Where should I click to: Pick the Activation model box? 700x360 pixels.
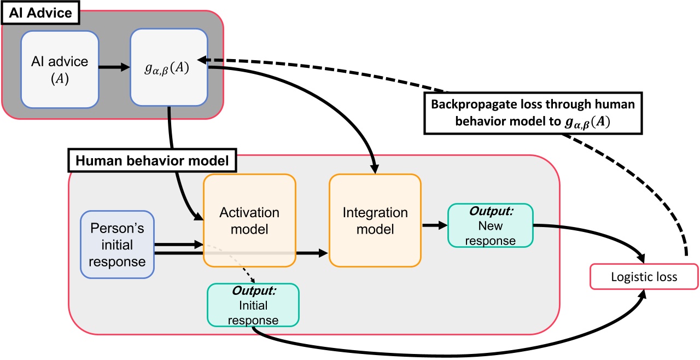249,220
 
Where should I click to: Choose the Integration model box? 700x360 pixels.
375,220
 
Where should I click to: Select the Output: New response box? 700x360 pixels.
490,224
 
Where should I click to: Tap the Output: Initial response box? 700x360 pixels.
253,305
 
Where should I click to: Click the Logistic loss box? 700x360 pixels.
644,277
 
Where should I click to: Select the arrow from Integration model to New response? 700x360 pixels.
434,224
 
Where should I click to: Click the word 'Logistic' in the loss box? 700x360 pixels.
628,277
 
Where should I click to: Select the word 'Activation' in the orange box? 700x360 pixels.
249,212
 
